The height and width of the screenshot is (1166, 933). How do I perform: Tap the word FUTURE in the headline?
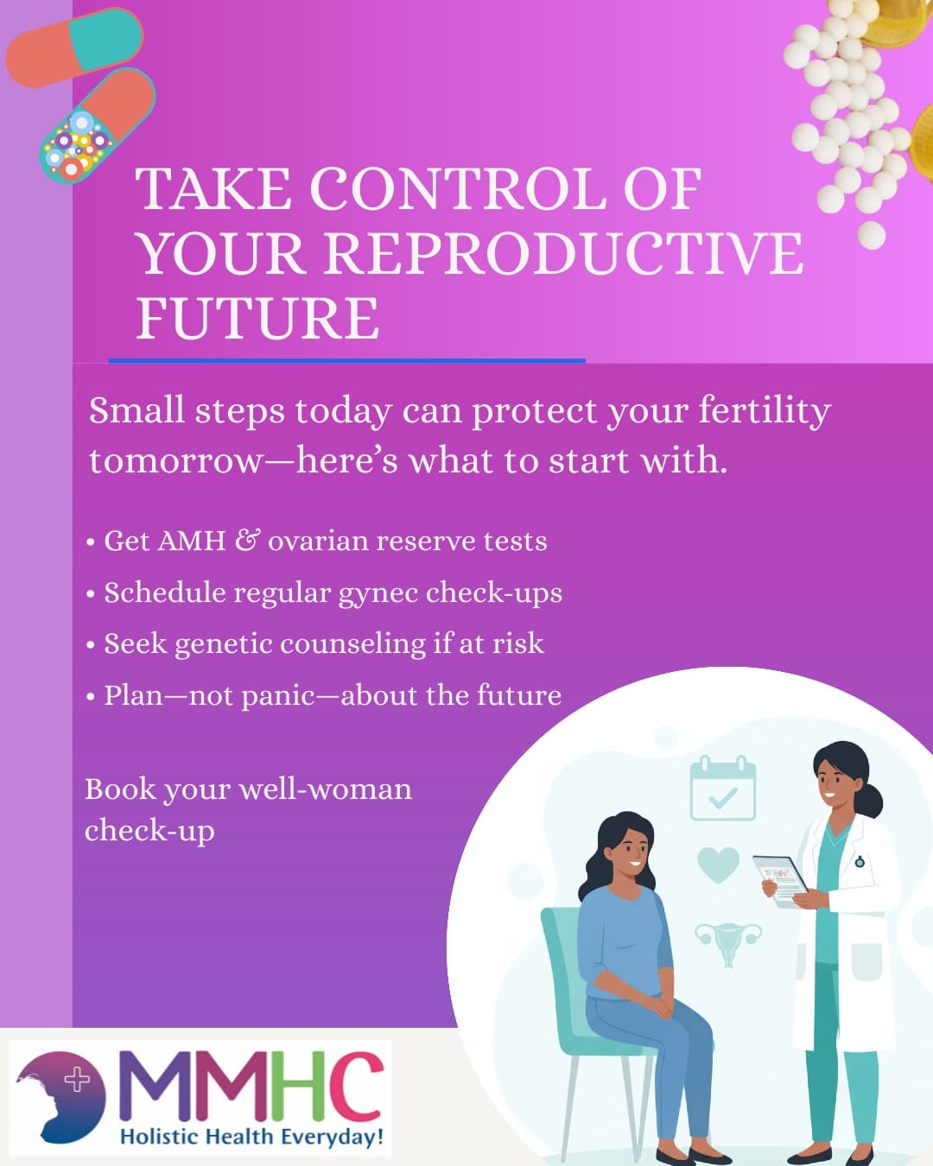[x=257, y=318]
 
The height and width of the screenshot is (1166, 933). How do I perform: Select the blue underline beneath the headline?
[x=346, y=360]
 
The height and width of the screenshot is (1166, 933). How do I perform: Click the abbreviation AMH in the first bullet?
[x=191, y=542]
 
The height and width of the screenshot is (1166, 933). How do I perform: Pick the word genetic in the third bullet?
[x=223, y=644]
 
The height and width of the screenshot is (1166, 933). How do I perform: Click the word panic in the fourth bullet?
[x=277, y=695]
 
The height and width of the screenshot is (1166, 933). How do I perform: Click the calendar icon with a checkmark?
[x=722, y=789]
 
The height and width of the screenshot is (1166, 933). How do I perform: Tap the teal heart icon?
[x=718, y=864]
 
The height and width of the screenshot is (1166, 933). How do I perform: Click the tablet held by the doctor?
[x=779, y=879]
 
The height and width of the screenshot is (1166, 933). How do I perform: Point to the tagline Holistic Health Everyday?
[x=251, y=1137]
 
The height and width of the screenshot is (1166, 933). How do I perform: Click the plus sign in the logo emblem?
[x=78, y=1080]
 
